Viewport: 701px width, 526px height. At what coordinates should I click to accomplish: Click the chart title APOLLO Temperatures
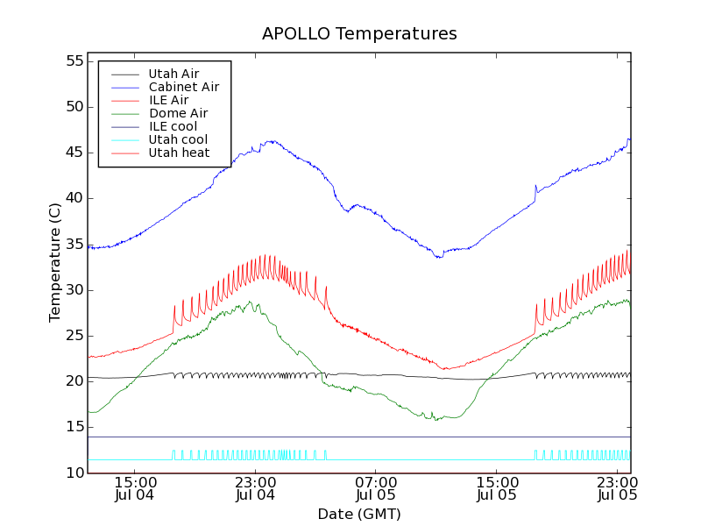click(x=359, y=34)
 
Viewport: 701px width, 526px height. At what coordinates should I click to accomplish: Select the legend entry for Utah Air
click(x=173, y=74)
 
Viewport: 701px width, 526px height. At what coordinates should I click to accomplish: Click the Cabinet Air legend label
click(x=183, y=87)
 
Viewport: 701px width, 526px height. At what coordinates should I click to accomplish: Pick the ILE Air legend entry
click(x=168, y=100)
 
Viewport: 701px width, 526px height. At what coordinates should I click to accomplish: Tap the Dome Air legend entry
click(x=178, y=113)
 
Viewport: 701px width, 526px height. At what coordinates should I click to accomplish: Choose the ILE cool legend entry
click(x=173, y=126)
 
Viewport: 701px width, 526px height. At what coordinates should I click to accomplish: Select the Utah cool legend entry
click(x=178, y=139)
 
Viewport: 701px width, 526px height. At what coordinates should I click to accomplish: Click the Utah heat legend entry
click(x=179, y=153)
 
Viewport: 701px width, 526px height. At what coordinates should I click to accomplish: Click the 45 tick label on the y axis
click(x=73, y=153)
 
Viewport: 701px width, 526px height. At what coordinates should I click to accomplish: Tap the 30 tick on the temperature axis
click(x=73, y=290)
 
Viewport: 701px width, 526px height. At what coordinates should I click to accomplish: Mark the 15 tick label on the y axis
click(x=73, y=427)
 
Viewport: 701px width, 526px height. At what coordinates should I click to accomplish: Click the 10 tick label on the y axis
click(x=73, y=473)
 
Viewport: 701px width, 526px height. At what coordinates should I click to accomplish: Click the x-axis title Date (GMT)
click(x=359, y=514)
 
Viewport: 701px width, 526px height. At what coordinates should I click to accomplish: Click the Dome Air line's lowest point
click(x=435, y=420)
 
